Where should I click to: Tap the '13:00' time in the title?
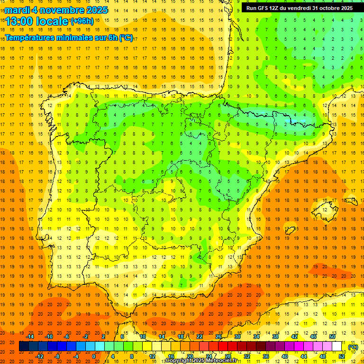click(20, 21)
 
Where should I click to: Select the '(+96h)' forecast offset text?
click(82, 21)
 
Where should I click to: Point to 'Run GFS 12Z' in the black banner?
click(262, 8)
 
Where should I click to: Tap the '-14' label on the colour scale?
click(30, 336)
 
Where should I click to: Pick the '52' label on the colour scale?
click(342, 356)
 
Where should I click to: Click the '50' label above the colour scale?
click(332, 336)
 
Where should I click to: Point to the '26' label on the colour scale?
click(218, 336)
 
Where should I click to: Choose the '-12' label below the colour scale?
click(40, 356)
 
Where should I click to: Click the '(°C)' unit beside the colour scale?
click(353, 346)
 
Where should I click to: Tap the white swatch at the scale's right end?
click(337, 346)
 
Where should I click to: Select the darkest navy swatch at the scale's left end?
click(24, 346)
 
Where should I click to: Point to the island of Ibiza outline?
click(290, 230)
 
